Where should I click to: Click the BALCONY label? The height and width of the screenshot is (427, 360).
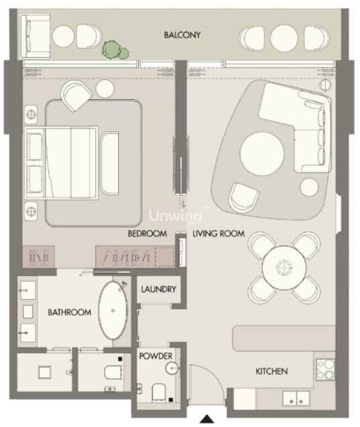182,35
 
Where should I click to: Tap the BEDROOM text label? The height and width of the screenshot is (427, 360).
147,233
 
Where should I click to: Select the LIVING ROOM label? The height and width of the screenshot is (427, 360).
219,233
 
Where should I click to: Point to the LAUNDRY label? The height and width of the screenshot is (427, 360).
158,289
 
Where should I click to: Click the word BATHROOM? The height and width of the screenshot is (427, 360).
70,312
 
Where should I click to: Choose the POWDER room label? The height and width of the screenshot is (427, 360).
156,356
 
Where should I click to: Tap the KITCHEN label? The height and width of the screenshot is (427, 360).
272,371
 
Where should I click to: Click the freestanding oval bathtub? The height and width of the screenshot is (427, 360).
113,310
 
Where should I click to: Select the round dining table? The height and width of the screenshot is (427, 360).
284,267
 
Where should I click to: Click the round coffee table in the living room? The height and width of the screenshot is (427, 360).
262,154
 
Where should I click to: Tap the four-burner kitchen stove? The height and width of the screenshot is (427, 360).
325,369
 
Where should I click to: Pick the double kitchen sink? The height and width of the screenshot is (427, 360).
296,399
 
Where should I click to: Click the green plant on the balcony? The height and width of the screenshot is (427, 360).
115,50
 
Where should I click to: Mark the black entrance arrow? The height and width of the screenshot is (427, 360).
207,419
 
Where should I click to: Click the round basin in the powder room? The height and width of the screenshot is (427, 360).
172,368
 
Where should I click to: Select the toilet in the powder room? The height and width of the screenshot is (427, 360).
159,393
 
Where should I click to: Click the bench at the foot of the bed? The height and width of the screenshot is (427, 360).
109,164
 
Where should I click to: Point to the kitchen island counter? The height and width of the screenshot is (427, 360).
284,338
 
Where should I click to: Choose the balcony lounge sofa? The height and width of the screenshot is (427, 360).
36,36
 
